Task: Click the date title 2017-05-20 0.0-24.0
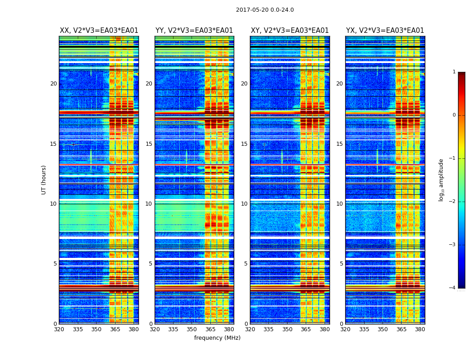click(265, 10)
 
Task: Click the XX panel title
click(99, 31)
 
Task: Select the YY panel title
click(194, 31)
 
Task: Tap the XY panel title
click(289, 31)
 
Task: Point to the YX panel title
click(385, 31)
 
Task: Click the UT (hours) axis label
click(44, 180)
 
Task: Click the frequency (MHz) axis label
click(217, 338)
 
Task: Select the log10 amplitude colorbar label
click(441, 180)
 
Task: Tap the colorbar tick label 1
click(454, 72)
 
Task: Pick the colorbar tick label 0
click(454, 115)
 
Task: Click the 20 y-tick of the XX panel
click(53, 84)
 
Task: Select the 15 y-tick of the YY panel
click(149, 144)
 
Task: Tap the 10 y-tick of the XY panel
click(244, 204)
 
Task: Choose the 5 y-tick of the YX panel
click(341, 264)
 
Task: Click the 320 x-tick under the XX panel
click(59, 329)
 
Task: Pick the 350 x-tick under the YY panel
click(192, 329)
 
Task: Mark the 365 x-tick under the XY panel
click(306, 329)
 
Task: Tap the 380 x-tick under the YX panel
click(420, 329)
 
